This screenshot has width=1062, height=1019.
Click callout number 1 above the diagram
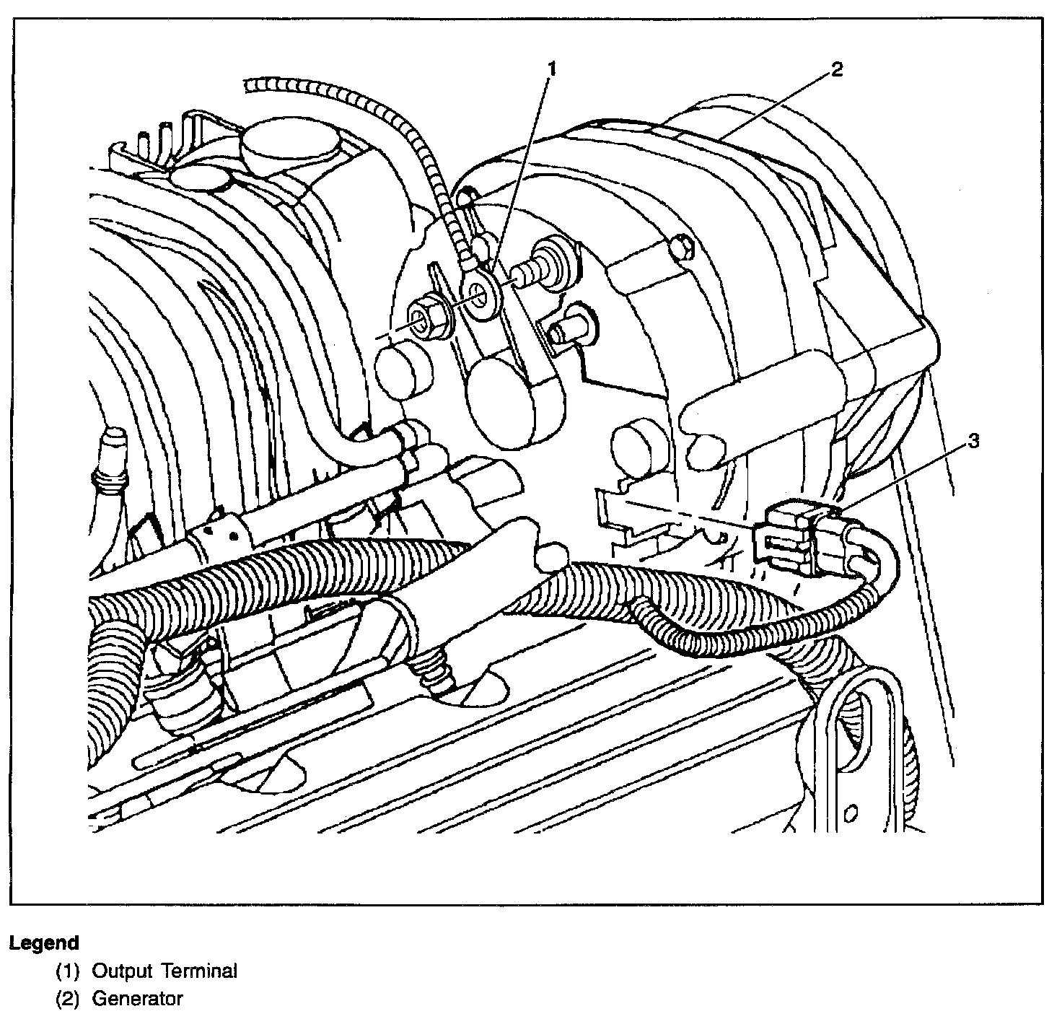coord(553,69)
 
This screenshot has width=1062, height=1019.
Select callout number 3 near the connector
coord(973,441)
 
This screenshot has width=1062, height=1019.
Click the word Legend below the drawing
coord(44,943)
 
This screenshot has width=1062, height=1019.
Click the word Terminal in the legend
coord(199,971)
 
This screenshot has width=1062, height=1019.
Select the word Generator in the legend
coord(137,999)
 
